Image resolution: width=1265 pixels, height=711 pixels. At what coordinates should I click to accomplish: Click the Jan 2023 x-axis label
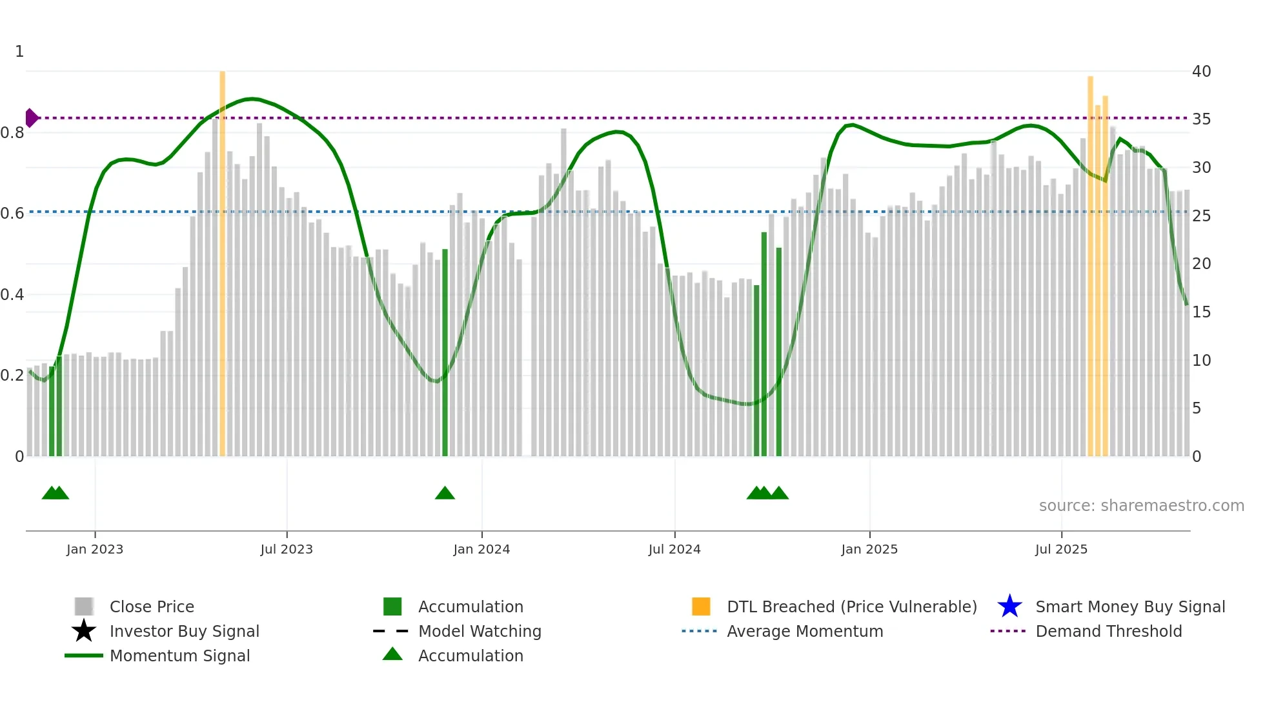click(x=95, y=549)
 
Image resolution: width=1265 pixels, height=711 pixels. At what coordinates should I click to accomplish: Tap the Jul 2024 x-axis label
click(x=674, y=549)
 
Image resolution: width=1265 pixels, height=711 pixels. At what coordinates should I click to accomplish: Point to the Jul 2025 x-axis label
click(x=1061, y=549)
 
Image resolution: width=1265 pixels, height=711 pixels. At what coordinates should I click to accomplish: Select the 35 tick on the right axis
click(x=1201, y=119)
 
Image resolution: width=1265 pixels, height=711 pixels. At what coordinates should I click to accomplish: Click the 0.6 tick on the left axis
click(x=12, y=214)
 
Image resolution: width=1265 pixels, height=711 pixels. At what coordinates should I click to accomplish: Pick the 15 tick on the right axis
click(x=1201, y=312)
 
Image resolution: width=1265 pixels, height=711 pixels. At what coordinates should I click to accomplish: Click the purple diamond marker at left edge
click(x=31, y=118)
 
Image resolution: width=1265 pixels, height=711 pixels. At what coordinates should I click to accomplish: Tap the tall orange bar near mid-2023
click(x=223, y=258)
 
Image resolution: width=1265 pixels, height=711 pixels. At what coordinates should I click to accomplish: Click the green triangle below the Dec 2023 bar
click(x=445, y=494)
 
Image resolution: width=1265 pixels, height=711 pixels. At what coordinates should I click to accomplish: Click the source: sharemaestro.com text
click(x=1141, y=506)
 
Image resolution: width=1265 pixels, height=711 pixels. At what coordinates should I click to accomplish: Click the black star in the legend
click(x=84, y=631)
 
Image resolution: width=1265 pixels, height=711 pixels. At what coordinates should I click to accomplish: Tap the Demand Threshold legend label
click(x=1108, y=631)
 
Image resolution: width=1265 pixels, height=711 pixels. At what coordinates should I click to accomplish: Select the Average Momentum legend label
click(x=804, y=631)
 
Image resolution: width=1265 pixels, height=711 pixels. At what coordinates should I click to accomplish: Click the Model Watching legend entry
click(x=479, y=631)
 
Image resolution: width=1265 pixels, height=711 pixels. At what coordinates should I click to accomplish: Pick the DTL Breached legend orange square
click(x=701, y=606)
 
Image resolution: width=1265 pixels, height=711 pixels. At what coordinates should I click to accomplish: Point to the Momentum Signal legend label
click(x=179, y=656)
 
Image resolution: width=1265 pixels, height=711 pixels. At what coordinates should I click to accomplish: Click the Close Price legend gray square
click(x=84, y=606)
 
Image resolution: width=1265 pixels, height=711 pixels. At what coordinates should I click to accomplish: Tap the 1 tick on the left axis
click(x=19, y=52)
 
